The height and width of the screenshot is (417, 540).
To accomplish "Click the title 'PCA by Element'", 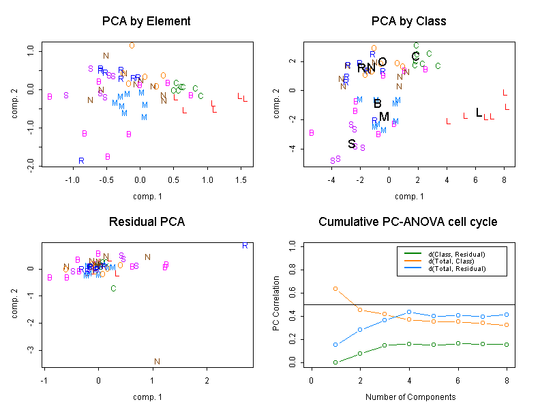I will coord(146,21).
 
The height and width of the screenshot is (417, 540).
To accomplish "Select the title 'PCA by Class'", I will coord(408,21).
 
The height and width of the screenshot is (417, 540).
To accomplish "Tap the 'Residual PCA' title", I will coord(146,222).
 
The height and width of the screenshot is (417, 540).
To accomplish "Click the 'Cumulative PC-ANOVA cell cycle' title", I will coord(408,222).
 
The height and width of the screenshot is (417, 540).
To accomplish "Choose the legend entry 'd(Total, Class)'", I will coord(450,261).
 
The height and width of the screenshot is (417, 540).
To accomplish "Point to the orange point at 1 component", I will coord(335,289).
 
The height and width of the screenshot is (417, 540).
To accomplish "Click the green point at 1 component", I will coord(335,362).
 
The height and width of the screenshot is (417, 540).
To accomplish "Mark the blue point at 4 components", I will coord(409,312).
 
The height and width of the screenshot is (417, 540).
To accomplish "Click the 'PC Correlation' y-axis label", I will coord(276,304).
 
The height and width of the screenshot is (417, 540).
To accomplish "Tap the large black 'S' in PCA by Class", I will coord(352,144).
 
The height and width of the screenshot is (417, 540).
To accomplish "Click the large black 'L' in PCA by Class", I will coord(479,113).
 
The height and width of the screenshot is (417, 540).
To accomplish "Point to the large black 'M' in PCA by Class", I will coord(384,117).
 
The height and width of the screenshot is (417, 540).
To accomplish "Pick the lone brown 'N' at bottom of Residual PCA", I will coord(157,362).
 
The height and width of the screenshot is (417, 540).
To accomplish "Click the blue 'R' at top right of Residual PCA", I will coord(244,245).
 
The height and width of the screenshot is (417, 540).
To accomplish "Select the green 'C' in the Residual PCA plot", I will coord(113,289).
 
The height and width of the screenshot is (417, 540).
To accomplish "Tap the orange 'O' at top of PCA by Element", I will coord(132,46).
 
